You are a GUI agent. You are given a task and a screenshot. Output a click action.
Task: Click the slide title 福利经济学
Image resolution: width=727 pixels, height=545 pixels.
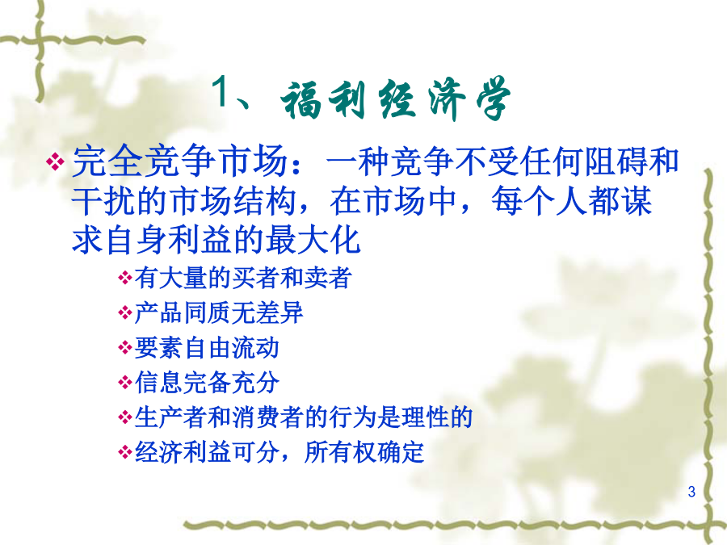click(396, 99)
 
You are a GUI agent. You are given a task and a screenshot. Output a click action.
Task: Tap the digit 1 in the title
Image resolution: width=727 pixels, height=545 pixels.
click(221, 92)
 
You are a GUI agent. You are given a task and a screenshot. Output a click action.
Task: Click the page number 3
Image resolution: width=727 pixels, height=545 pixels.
click(691, 492)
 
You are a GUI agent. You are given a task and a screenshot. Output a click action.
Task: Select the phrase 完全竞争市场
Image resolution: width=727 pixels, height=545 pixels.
click(180, 162)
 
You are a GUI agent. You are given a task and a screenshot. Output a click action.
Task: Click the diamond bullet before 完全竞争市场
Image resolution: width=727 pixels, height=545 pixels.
click(55, 161)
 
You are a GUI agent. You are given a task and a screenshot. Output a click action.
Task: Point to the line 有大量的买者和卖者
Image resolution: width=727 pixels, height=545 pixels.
click(243, 278)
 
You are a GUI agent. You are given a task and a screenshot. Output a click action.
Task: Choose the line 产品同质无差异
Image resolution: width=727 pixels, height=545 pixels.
click(219, 312)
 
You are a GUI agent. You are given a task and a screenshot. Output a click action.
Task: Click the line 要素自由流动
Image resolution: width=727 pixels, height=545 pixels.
click(207, 347)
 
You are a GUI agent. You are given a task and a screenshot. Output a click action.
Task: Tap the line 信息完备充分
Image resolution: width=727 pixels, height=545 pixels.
click(207, 383)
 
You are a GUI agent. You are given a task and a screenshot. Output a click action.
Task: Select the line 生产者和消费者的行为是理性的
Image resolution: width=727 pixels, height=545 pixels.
click(303, 417)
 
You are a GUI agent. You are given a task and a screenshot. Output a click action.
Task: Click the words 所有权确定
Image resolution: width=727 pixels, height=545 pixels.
click(364, 452)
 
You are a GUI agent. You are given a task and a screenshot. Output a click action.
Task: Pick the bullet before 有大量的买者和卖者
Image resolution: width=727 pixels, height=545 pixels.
click(125, 278)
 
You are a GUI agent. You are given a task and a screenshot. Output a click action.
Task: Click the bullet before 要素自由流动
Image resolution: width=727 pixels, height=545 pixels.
click(125, 347)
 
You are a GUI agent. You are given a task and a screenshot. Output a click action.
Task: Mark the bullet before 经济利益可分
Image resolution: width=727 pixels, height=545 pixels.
click(125, 452)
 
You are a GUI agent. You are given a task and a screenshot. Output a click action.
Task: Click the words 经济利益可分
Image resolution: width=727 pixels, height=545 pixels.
click(207, 452)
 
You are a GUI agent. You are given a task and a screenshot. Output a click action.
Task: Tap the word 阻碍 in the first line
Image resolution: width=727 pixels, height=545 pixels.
click(615, 162)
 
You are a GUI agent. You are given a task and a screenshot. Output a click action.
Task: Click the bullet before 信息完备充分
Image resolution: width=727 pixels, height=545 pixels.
click(125, 383)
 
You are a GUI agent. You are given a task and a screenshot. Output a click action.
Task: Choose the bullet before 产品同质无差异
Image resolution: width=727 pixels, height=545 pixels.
click(125, 312)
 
